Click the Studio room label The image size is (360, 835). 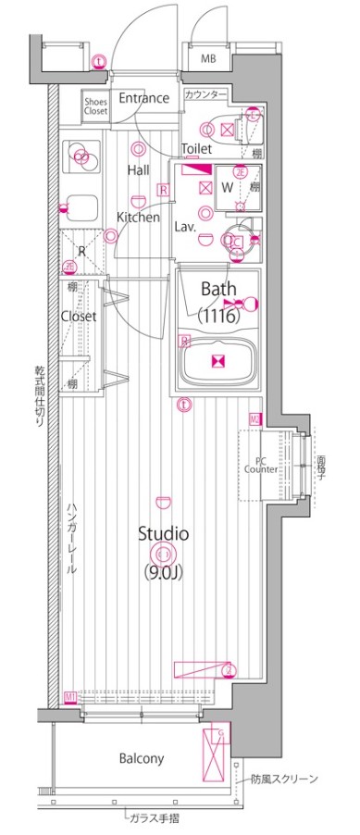164,533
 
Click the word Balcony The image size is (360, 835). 142,758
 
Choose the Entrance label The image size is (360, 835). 143,99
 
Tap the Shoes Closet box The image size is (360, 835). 95,106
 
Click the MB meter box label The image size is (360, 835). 210,59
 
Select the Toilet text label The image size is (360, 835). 197,148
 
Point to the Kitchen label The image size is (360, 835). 138,218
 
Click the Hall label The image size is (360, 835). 139,169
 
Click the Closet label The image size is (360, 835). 79,317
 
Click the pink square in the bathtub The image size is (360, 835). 218,362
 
